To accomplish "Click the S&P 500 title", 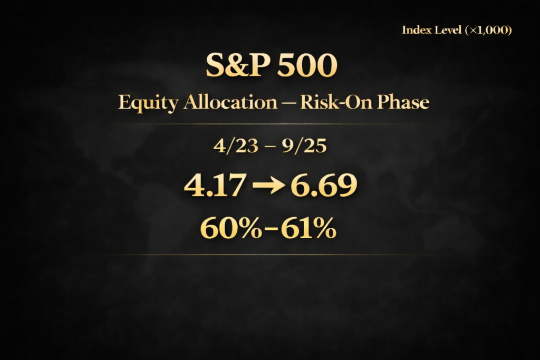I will pyautogui.click(x=271, y=66).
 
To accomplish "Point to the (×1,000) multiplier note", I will pyautogui.click(x=489, y=30).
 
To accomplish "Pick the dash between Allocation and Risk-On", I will pyautogui.click(x=288, y=103).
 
